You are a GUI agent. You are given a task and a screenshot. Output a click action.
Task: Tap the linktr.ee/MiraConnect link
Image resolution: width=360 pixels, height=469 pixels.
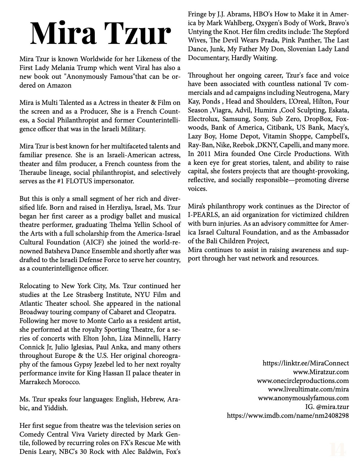(x=306, y=363)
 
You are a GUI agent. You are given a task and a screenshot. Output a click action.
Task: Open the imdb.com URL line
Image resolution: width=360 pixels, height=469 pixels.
(x=288, y=416)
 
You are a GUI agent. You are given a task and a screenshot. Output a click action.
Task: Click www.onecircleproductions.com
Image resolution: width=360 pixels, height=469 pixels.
(x=303, y=381)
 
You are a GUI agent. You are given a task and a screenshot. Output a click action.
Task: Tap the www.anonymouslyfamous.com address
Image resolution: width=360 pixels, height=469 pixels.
(x=303, y=398)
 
